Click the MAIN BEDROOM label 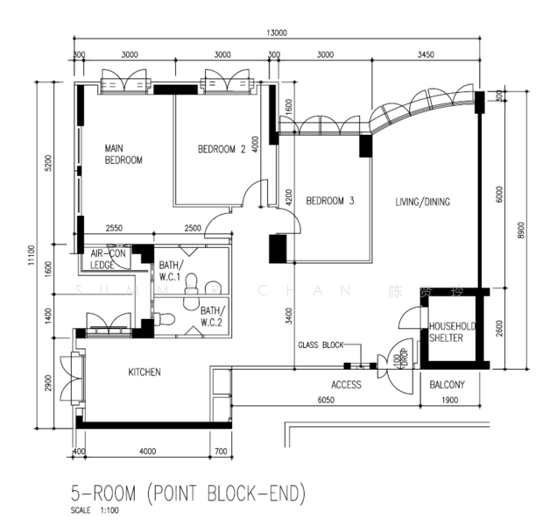click(123, 154)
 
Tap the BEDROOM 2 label click(221, 149)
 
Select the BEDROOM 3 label click(330, 201)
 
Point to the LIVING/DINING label click(422, 202)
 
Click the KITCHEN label click(145, 373)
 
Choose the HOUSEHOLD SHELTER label click(451, 334)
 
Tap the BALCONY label click(447, 385)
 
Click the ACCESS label click(346, 385)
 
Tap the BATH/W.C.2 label click(212, 316)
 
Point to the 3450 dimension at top click(425, 54)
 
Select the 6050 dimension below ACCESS click(326, 401)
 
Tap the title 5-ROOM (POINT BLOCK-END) click(188, 494)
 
